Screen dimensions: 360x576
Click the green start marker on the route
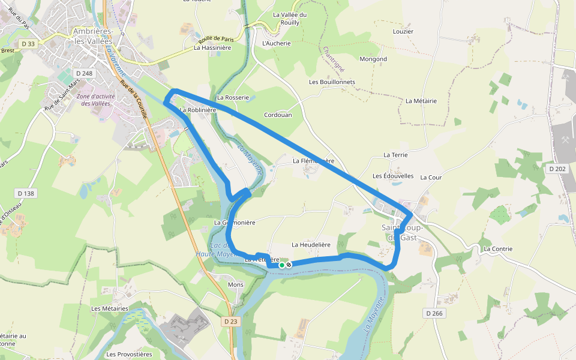(281, 265)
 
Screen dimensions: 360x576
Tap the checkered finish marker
(289, 265)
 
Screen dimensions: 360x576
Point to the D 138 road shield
(26, 193)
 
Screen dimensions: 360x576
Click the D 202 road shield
(557, 169)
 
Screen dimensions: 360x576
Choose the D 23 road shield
(230, 322)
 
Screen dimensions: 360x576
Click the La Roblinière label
(198, 110)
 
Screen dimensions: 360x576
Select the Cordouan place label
(278, 115)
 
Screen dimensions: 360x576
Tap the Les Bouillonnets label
(332, 82)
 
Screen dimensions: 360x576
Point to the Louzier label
(403, 31)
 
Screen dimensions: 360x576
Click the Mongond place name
(373, 59)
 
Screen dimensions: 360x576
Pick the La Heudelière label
(311, 245)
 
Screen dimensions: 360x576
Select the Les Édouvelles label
(393, 176)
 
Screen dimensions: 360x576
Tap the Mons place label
(236, 285)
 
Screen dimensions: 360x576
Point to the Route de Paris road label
(214, 37)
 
